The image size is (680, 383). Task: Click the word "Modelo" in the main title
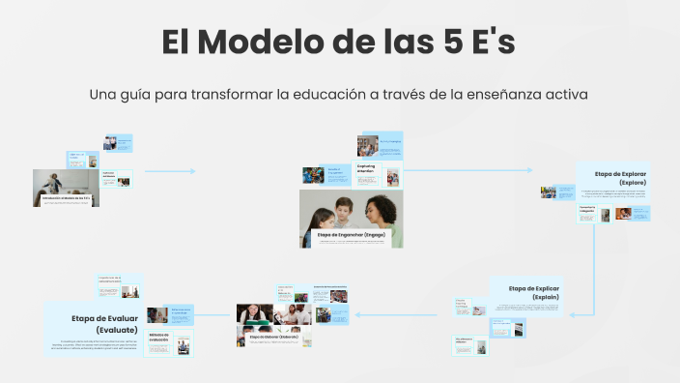255,44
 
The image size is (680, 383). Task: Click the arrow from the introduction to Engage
169,171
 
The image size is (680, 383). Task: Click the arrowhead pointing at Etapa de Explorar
528,170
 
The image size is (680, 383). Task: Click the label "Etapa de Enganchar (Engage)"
352,235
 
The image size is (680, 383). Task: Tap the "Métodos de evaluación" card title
159,338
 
